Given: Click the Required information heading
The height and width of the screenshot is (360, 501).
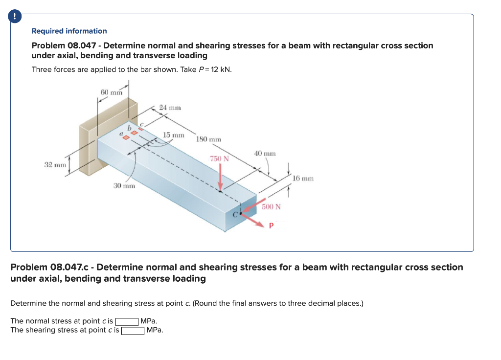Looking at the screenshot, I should click(69, 31).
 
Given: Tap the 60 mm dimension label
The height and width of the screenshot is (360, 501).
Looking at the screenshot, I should click(111, 92).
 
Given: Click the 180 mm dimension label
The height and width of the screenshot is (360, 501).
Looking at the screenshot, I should click(208, 139).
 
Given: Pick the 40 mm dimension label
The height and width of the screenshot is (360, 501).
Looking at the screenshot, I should click(265, 153).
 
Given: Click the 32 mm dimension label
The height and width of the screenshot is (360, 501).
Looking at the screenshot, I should click(55, 165).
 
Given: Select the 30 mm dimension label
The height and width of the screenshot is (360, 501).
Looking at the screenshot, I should click(124, 186).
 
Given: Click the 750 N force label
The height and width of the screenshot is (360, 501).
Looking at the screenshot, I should click(219, 158).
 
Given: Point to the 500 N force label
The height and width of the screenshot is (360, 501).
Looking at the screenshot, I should click(271, 206).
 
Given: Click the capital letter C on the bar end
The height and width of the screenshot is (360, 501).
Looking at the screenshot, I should click(235, 214).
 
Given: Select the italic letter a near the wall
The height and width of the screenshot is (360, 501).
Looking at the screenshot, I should click(120, 133).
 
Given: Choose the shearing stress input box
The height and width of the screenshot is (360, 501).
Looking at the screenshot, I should click(133, 330).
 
